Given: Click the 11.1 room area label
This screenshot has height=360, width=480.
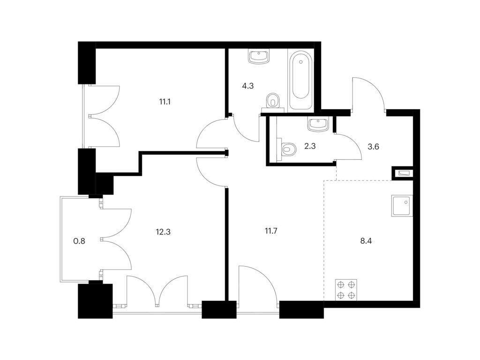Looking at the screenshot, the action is tap(165, 102).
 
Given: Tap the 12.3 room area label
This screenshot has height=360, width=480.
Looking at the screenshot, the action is tap(163, 232).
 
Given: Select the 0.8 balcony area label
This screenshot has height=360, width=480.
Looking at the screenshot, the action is tap(79, 241).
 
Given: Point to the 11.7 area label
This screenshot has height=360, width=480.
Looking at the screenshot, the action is tap(271, 231).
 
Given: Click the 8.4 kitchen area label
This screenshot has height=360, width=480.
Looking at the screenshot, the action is tap(366, 241).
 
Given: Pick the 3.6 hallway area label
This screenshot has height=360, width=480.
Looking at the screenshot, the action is tap(373, 147).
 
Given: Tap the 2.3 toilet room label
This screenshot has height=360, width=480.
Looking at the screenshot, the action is tap(310, 146).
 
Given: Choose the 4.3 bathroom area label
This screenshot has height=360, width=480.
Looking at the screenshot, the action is tap(247, 86).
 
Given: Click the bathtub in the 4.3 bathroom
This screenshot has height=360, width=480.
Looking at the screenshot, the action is tap(301, 80).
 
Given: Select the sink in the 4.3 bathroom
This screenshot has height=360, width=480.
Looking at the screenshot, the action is tap(259, 57).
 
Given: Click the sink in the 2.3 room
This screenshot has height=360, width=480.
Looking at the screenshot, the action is tap(318, 124).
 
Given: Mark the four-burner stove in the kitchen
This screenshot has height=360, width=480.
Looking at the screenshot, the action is tap(346, 290).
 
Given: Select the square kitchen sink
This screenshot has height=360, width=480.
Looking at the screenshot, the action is tap(402, 206).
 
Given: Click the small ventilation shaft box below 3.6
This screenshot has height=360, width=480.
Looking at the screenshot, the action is tap(403, 173).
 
